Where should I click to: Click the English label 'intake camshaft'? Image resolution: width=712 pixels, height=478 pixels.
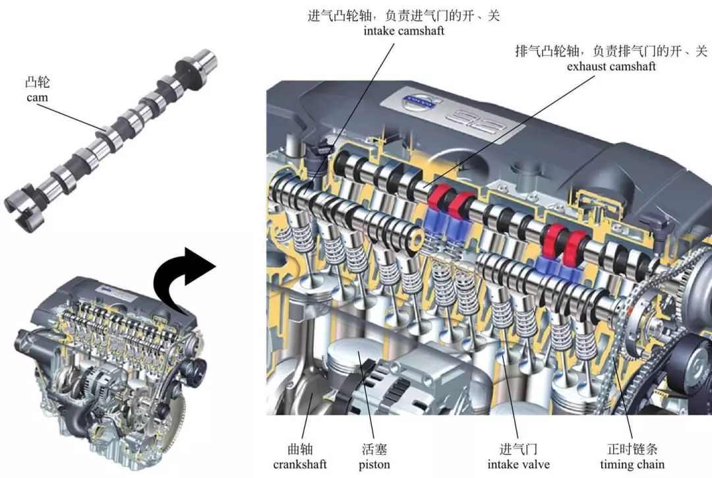[404, 32]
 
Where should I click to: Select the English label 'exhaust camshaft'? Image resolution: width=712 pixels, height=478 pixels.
[611, 67]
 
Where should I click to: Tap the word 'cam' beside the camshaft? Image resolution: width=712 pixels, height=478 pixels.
[38, 98]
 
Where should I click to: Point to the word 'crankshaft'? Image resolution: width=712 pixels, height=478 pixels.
[300, 464]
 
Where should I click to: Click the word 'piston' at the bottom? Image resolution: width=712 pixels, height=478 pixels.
[374, 464]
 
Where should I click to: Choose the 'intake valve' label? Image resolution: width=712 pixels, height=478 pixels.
[519, 464]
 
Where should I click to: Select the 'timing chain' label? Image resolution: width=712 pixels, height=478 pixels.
[632, 464]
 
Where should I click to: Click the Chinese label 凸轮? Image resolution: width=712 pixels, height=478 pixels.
[38, 82]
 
